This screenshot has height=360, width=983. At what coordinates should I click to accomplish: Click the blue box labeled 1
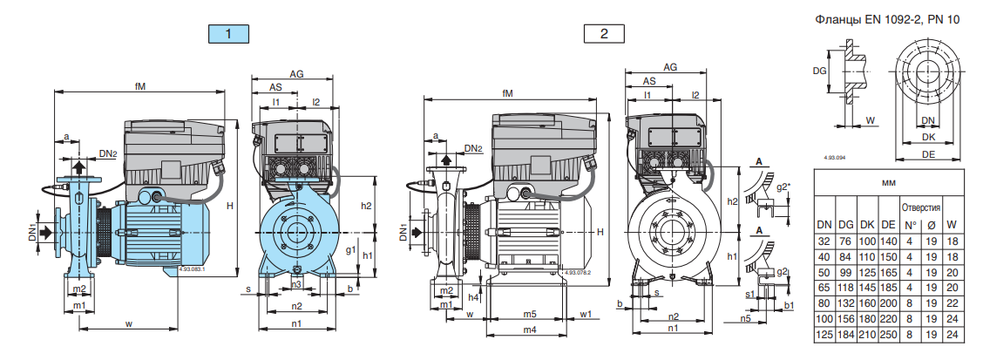(228, 34)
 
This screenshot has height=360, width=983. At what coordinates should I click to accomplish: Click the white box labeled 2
(605, 34)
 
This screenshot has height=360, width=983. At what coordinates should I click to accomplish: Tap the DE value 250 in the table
(888, 334)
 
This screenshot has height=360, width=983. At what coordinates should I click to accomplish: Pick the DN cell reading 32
(824, 241)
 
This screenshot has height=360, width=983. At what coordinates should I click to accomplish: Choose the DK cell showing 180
(866, 318)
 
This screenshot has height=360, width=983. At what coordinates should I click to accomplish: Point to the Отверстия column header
(920, 208)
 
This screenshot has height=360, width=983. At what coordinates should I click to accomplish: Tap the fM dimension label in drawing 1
(139, 85)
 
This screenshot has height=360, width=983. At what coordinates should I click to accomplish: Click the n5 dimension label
(745, 320)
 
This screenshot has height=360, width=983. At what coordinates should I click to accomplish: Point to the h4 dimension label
(473, 296)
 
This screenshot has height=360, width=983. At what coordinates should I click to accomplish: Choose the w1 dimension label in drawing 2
(586, 313)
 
